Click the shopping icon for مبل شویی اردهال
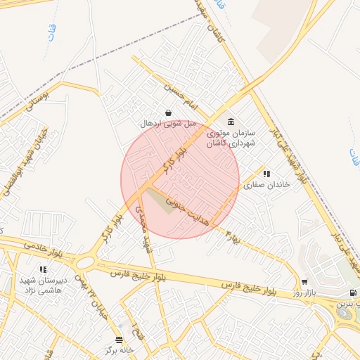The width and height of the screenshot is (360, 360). coord(167,112)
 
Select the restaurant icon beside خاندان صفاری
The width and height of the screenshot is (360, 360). coord(266,174)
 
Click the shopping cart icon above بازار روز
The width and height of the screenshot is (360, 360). coord(304,281)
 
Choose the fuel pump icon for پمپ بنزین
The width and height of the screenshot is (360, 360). coord(352,292)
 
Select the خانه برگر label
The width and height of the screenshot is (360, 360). coord(119,350)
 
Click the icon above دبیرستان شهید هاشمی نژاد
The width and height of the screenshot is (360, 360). coord(43,269)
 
